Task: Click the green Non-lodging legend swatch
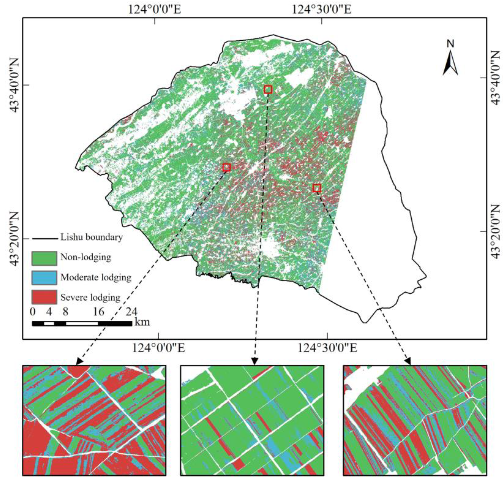coord(44,258)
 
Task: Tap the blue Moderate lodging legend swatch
coord(44,278)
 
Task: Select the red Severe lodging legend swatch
coord(44,297)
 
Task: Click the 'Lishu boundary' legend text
coord(91,237)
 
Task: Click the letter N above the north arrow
coord(450,44)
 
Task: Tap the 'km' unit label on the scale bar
coord(142,322)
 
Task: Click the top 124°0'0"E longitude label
coord(155,10)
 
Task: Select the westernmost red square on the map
coord(227,167)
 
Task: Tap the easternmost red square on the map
coord(317,188)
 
